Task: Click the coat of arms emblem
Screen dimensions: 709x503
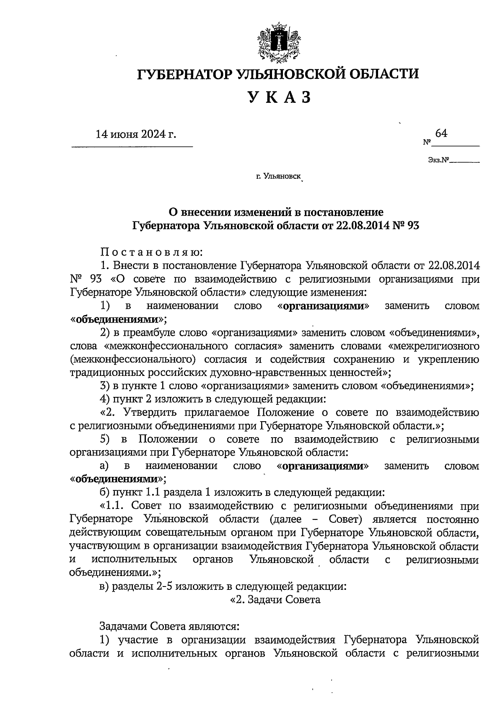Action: (x=278, y=42)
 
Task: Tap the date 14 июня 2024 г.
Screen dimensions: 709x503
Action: (x=136, y=134)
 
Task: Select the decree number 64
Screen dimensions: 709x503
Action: (x=441, y=133)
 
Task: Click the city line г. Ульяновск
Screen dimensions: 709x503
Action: (x=278, y=177)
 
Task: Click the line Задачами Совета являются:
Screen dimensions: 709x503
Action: (x=169, y=626)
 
